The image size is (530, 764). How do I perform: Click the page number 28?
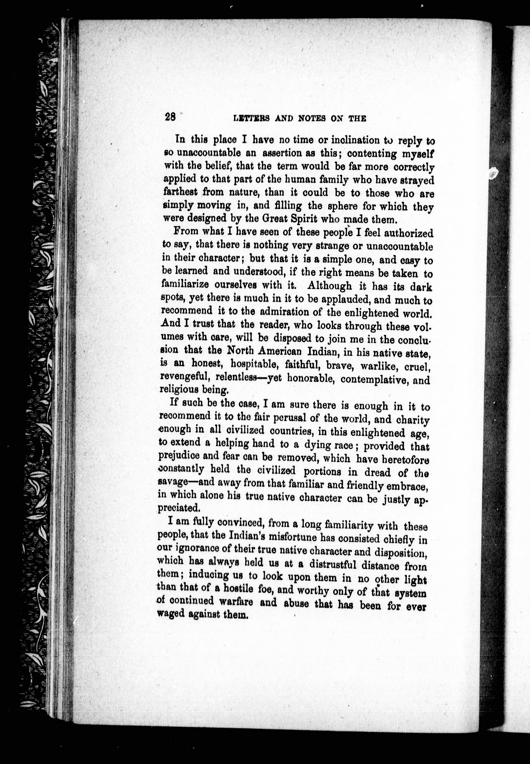[x=170, y=117]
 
